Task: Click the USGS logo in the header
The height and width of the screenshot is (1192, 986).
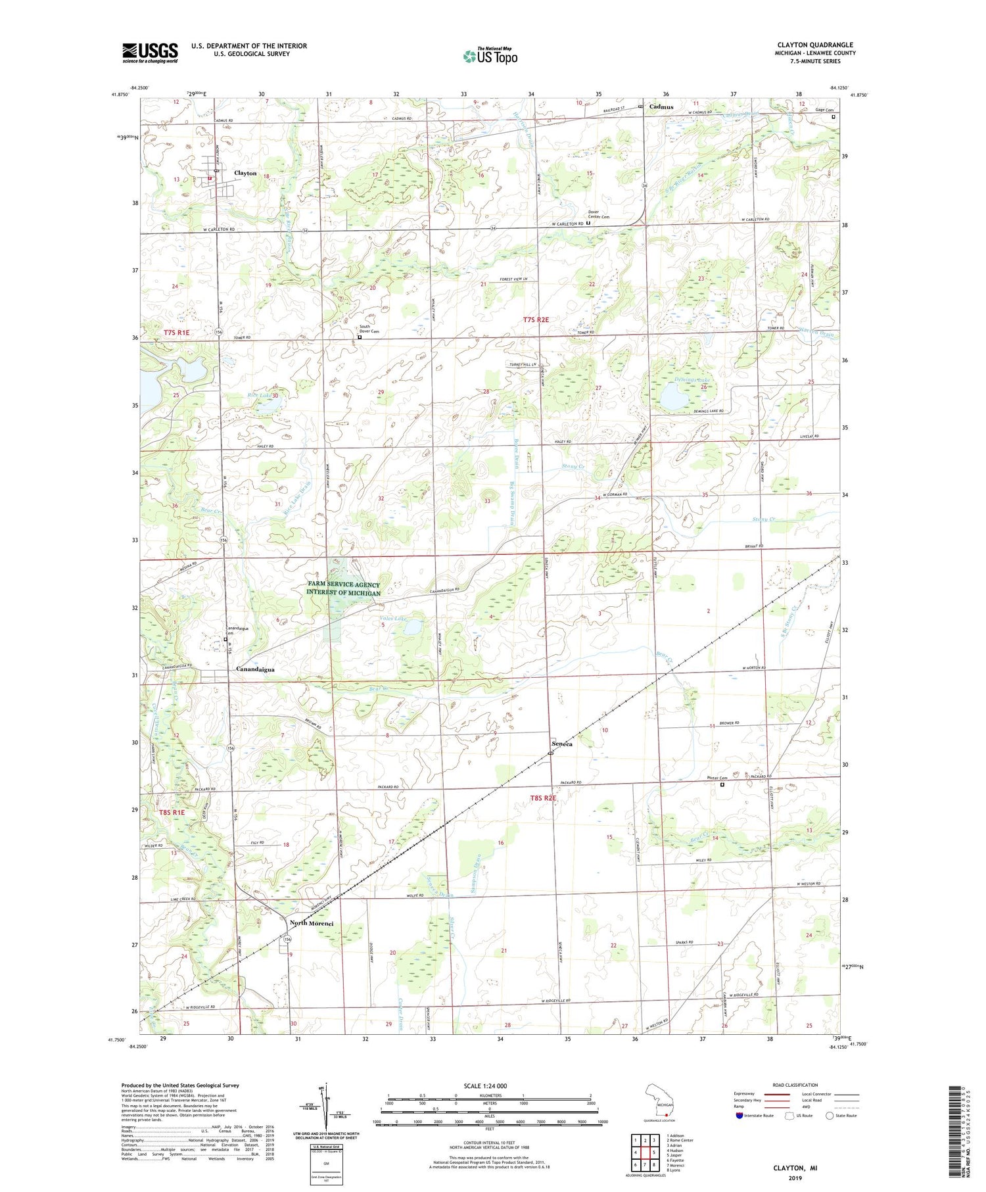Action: pyautogui.click(x=150, y=53)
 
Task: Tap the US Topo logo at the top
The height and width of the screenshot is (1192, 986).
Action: pyautogui.click(x=490, y=56)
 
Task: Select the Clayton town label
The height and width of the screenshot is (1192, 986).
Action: pyautogui.click(x=245, y=173)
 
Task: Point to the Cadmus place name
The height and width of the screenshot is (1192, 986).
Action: pyautogui.click(x=661, y=106)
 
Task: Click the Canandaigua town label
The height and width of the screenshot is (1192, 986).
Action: pyautogui.click(x=255, y=669)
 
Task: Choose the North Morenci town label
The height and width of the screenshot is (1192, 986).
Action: pyautogui.click(x=312, y=923)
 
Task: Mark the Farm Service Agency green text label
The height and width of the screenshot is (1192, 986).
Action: pyautogui.click(x=343, y=588)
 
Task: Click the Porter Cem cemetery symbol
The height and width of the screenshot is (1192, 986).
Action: pyautogui.click(x=722, y=784)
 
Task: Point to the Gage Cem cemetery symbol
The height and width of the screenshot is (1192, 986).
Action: pyautogui.click(x=833, y=117)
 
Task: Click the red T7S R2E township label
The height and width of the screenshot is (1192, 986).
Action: pyautogui.click(x=536, y=320)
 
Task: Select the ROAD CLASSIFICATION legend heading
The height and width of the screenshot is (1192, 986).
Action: pyautogui.click(x=795, y=1085)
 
